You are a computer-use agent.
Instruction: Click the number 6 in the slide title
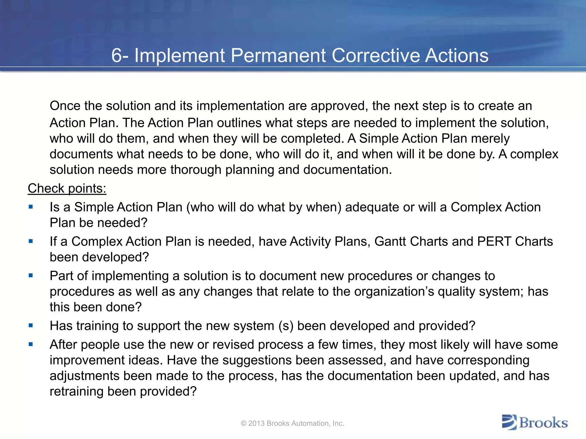tap(116, 55)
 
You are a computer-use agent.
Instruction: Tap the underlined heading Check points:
tap(67, 189)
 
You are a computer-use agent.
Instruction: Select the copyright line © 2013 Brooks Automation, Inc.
tap(292, 423)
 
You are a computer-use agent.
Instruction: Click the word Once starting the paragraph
tap(65, 106)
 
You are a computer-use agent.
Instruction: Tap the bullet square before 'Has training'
tap(31, 326)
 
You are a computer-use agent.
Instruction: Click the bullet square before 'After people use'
tap(31, 344)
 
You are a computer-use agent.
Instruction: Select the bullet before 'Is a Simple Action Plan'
tap(31, 207)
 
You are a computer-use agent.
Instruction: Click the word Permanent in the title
tap(278, 55)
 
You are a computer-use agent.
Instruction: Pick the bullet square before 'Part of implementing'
tap(31, 276)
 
